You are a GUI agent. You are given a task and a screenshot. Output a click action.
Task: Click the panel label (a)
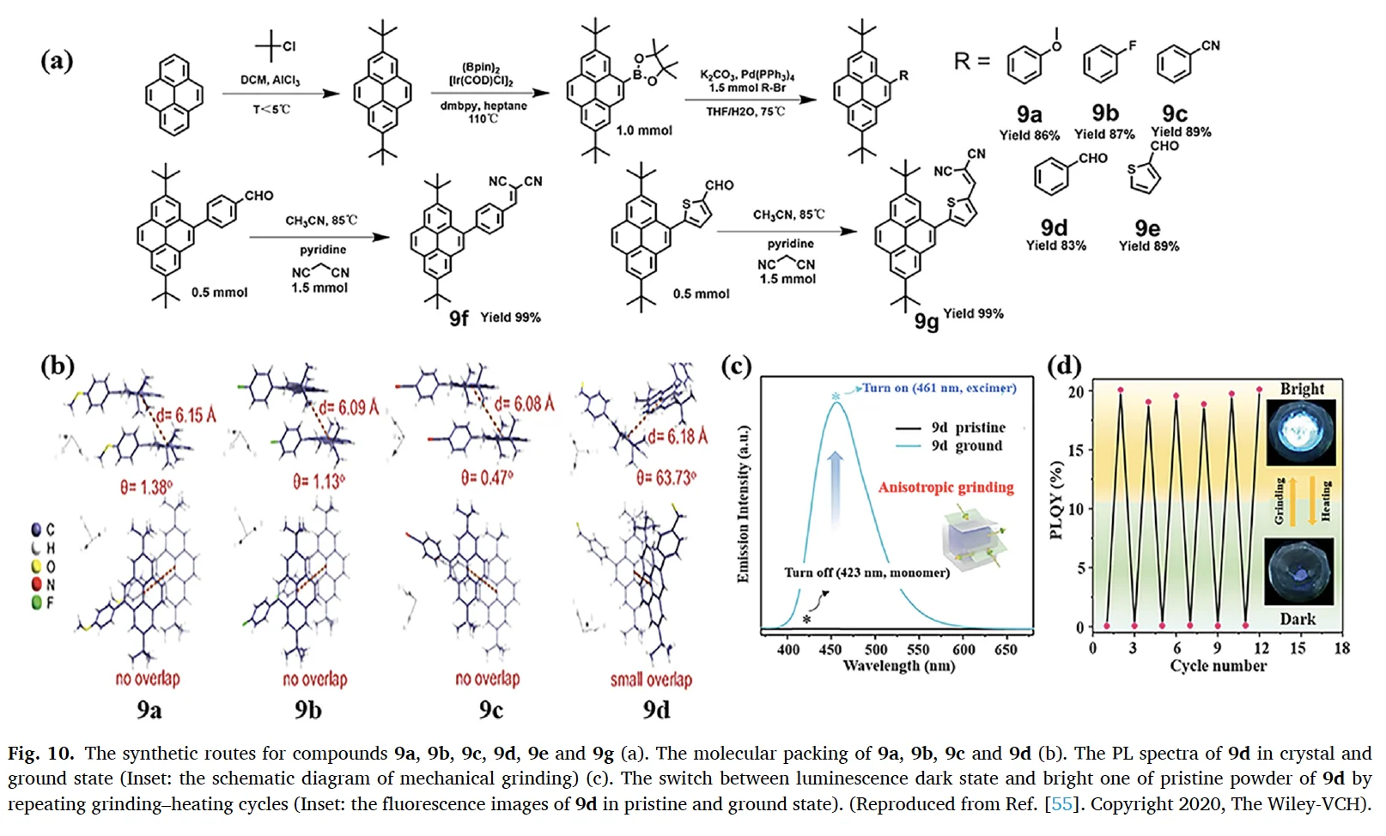tap(57, 62)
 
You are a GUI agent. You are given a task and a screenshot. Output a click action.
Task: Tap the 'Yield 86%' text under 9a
tap(1029, 135)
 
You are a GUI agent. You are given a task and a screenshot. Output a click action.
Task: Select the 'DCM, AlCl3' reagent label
tap(270, 80)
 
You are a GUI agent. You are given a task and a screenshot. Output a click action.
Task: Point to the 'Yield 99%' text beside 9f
tap(510, 318)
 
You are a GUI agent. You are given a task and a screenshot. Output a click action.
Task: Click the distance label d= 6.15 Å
tap(185, 415)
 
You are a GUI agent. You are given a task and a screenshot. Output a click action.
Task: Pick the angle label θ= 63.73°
tap(666, 477)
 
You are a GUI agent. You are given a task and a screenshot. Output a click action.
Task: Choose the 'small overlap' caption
tap(651, 680)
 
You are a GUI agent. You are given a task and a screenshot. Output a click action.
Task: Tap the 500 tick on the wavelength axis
tap(876, 650)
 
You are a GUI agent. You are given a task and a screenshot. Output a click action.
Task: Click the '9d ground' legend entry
tap(966, 445)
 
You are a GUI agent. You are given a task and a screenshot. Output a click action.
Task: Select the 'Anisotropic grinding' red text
tap(945, 488)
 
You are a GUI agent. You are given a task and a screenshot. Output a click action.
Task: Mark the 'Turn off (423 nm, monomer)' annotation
tap(866, 572)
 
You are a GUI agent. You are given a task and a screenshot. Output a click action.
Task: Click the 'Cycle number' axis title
tap(1218, 666)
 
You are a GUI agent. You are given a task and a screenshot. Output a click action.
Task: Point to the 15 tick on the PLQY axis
tap(1074, 450)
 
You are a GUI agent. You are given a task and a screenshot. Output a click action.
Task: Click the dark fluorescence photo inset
tap(1300, 572)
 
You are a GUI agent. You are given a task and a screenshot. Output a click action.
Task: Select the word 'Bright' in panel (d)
tap(1302, 389)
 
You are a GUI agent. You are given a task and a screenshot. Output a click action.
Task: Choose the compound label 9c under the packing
tap(490, 710)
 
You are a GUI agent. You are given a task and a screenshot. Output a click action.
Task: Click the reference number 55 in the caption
tap(1061, 804)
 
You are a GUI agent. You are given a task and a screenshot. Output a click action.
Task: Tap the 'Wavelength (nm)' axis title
tap(898, 666)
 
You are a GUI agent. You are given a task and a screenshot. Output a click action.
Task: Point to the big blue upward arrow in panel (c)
tap(835, 489)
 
